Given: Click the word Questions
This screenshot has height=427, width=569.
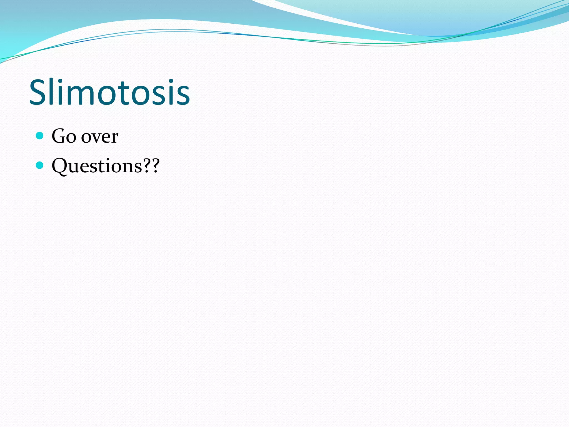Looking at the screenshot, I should tap(97, 166).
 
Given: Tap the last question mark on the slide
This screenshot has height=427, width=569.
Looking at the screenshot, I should tap(155, 166).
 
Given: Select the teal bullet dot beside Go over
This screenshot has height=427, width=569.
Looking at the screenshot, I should tap(40, 136).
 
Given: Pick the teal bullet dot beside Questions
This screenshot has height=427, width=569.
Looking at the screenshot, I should tap(40, 165).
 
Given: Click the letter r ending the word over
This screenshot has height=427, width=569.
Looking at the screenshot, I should tap(115, 138).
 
